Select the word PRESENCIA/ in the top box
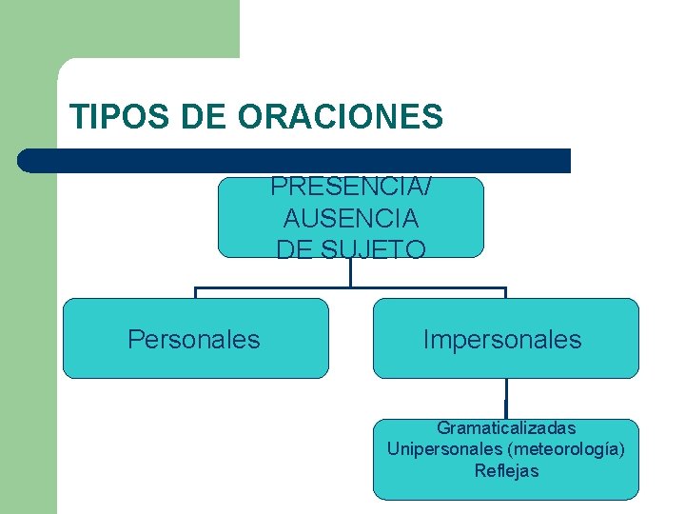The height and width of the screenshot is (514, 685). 351,188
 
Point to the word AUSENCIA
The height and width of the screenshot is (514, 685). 351,219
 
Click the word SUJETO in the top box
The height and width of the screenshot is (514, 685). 376,249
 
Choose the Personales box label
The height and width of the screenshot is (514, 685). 194,340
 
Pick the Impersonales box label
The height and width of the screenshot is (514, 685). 502,340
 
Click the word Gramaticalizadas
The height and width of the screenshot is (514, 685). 506,428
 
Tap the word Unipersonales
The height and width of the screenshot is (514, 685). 444,449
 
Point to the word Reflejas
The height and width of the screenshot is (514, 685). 506,470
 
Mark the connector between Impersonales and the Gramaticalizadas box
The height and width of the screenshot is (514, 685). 505,399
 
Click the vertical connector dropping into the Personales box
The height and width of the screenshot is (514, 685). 195,293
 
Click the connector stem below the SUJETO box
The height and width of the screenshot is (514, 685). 350,272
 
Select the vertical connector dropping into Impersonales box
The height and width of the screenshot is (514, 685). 505,293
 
